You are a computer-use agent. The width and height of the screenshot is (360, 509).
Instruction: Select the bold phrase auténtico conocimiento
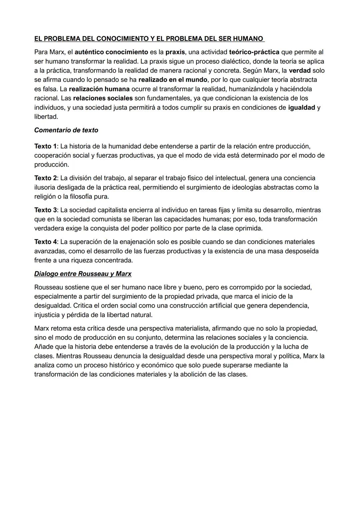(x=111, y=52)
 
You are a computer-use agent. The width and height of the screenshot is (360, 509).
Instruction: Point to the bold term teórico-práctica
(x=254, y=52)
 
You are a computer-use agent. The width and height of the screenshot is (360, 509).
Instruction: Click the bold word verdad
(x=300, y=71)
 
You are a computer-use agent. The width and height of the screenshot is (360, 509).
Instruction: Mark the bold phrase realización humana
(x=99, y=89)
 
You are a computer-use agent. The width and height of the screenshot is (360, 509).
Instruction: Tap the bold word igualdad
(x=301, y=108)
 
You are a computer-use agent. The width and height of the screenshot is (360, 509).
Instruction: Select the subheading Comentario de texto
(x=66, y=130)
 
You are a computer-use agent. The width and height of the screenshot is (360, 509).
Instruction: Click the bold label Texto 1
(x=45, y=146)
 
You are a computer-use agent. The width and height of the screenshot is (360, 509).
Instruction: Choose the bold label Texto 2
(x=45, y=178)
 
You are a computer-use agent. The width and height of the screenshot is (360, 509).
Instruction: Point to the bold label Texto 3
(x=45, y=210)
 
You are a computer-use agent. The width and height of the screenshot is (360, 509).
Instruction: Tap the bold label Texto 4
(x=45, y=242)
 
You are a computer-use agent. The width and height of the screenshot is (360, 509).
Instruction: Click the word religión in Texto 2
(x=45, y=197)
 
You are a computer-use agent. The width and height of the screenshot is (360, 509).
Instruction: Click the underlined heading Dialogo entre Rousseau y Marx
(x=83, y=274)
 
